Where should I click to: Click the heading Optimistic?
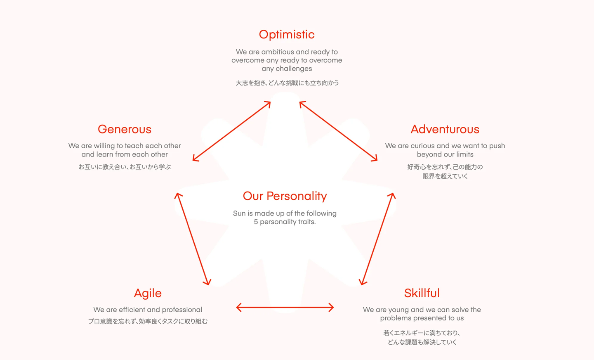point(287,35)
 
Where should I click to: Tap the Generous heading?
point(125,129)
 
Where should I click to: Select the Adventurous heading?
point(445,129)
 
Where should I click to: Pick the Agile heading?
point(148,293)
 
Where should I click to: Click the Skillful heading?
point(422,293)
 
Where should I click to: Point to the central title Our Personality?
point(285,196)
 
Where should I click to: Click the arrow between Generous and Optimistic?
point(231,131)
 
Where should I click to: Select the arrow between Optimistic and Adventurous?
point(338,131)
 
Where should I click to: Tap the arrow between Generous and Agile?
point(193,239)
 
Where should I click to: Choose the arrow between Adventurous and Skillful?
point(377,239)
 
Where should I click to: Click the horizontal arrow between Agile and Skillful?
point(285,307)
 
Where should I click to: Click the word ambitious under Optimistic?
point(277,52)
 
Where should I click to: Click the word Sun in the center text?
point(239,213)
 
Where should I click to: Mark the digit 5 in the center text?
point(256,222)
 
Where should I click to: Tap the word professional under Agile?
point(182,310)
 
